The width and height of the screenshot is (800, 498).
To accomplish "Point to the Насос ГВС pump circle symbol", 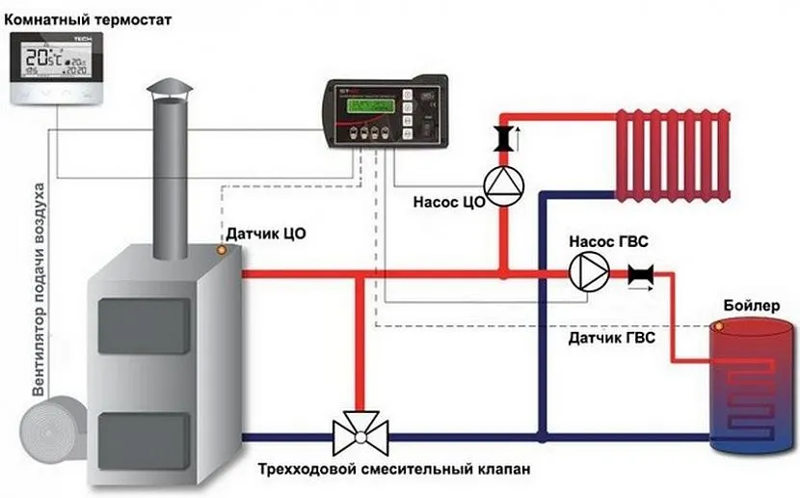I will coord(584,273).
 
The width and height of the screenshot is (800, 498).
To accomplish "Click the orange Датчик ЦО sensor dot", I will coord(222,250).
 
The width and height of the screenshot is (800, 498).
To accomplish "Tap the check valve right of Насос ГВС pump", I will coord(639,274).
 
